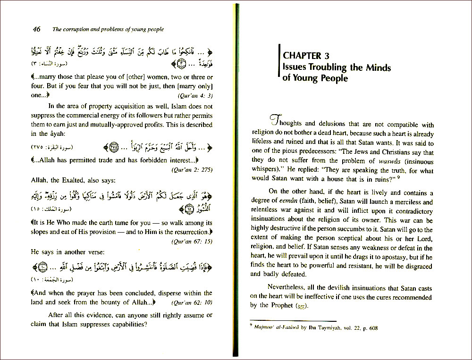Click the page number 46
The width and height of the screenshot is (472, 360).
36,29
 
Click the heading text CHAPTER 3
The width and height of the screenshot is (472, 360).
310,56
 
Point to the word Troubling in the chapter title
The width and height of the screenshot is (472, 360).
326,67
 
